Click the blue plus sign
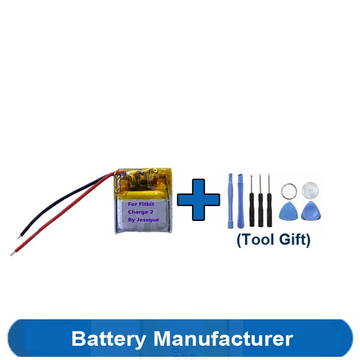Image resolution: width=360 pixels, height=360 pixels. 198,199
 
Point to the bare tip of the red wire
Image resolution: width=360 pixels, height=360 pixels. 12,254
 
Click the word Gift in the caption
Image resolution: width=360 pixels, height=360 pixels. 293,239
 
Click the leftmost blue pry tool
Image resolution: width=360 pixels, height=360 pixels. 230,200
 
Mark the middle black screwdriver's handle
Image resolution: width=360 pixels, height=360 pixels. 261,209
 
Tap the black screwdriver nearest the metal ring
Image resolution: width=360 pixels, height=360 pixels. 269,209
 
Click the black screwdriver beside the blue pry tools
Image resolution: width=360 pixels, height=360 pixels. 252,209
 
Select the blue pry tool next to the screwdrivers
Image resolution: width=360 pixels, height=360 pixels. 240,200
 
